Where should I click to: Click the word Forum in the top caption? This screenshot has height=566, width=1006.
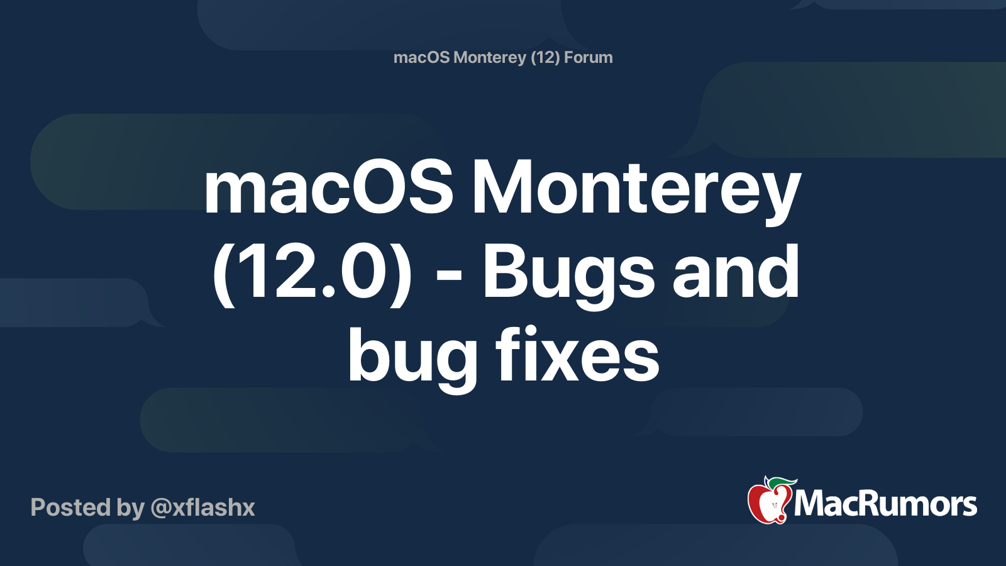tap(589, 57)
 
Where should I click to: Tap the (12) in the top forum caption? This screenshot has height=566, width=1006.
tap(545, 58)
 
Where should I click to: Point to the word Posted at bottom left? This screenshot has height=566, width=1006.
tap(70, 508)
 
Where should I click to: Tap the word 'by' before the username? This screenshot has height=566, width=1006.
tap(131, 509)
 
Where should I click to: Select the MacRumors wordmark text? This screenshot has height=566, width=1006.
tap(885, 504)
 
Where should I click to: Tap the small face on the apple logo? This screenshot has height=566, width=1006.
tap(774, 506)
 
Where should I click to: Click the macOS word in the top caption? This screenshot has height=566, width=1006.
tap(422, 57)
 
